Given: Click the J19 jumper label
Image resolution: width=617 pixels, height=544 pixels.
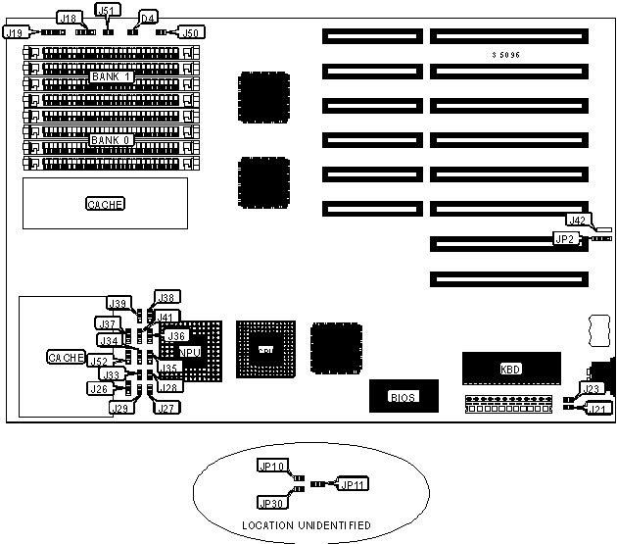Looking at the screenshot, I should tap(14, 31).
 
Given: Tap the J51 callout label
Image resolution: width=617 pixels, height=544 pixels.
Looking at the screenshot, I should tap(107, 9).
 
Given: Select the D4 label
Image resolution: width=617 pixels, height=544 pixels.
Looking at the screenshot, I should tap(148, 18).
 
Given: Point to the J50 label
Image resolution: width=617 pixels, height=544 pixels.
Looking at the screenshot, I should tap(192, 32).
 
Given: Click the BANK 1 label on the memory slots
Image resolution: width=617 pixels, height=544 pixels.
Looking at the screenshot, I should tap(110, 76).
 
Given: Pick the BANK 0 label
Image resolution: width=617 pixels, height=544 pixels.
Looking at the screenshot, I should tap(109, 140).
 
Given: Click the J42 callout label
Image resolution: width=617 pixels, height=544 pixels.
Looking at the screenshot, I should tap(578, 221).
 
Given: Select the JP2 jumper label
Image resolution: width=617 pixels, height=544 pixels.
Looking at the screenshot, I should tap(564, 238).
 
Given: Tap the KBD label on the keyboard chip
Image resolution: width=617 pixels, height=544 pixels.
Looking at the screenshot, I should tap(511, 370).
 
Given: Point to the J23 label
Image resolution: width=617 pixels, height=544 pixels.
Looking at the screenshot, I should tap(591, 389).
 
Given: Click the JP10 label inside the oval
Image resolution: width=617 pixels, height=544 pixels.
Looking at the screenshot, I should tap(269, 466).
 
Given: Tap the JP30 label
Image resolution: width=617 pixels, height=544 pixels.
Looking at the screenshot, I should tap(269, 502).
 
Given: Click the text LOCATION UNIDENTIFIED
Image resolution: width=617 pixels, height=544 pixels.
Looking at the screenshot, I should tap(306, 526).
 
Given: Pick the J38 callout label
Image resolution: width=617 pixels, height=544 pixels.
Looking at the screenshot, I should tap(166, 298).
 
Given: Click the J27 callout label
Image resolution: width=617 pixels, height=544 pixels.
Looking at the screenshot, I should tap(165, 409).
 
